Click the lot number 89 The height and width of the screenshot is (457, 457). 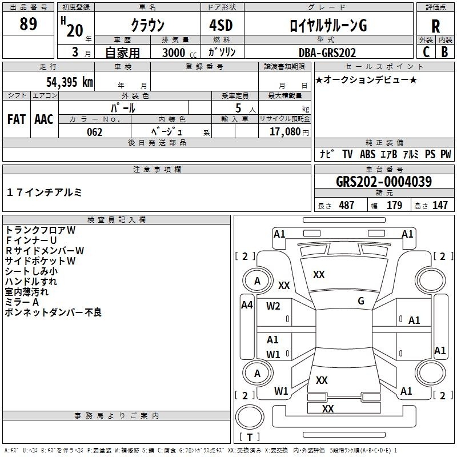tap(28, 24)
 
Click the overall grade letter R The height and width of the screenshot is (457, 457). tap(435, 26)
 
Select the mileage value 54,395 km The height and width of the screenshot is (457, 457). tap(70, 82)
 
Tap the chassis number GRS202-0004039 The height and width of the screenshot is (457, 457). tap(384, 182)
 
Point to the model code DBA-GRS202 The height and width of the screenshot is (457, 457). tap(327, 53)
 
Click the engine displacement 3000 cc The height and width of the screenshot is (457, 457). tap(179, 53)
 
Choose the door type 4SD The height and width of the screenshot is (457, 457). tap(221, 25)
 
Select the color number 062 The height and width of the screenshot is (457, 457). tap(95, 132)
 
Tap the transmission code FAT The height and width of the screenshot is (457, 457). tap(17, 119)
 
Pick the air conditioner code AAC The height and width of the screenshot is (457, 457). tap(44, 119)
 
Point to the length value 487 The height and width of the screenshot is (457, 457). tap(347, 205)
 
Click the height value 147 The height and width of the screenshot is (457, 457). tap(440, 205)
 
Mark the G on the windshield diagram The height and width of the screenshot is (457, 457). tap(361, 301)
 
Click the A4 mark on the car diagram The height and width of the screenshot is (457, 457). tap(247, 305)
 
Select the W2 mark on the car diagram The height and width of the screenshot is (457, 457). tap(273, 306)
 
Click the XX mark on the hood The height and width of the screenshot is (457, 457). tap(319, 275)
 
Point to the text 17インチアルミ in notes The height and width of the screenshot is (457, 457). tap(44, 193)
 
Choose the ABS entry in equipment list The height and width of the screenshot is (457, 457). tap(367, 154)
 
